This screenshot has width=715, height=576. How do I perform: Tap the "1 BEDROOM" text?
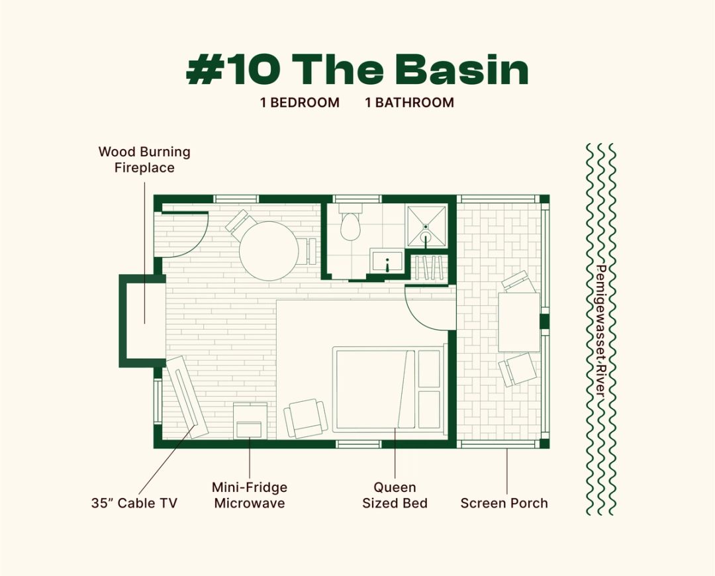coord(300,103)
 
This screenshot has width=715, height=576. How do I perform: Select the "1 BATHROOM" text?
coord(410,103)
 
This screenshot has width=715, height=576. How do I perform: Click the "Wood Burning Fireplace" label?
coord(144,160)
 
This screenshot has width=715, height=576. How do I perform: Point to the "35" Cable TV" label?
coord(134,503)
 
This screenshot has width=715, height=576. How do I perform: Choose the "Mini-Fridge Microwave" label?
coord(250,495)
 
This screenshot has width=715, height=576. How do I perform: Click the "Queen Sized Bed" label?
coord(395,495)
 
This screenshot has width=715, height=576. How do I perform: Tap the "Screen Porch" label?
coord(504,503)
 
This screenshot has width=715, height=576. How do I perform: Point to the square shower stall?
coord(426,226)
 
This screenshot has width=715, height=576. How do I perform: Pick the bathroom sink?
coord(387,262)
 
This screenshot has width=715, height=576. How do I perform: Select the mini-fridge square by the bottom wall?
coord(251,421)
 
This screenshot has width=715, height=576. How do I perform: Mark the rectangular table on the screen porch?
coord(519,322)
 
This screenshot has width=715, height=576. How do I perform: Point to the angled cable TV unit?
coord(186,396)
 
